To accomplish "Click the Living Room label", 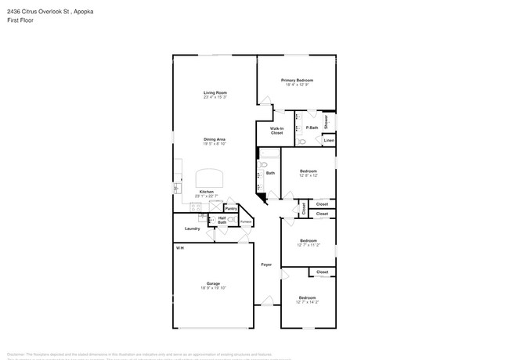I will point(215,93).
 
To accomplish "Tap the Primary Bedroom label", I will point(297,80).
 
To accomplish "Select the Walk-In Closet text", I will point(276,131).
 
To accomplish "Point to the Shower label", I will point(327,122).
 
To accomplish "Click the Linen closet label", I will point(329,141).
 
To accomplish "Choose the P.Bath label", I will point(312,128).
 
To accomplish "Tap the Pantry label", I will point(231,209).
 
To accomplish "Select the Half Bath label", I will point(222,221).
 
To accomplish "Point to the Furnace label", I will point(246,221).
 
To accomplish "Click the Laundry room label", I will point(192,229).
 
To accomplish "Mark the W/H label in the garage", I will point(179,247).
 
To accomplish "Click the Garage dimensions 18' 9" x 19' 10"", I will point(213,288).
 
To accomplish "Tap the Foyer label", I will point(266,265).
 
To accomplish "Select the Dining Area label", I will point(215,139).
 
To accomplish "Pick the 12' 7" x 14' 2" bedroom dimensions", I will point(308,301).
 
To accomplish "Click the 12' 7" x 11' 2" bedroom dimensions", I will point(308,245).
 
